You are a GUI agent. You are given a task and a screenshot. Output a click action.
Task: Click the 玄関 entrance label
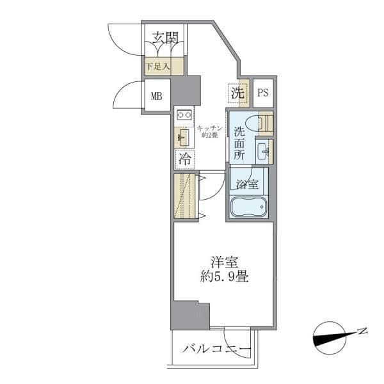coord(164,38)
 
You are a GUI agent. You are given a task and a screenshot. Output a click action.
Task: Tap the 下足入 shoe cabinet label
coord(156,65)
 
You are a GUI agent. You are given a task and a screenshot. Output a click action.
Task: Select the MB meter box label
coord(157,97)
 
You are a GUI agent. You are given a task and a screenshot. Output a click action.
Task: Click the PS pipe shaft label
coord(262,93)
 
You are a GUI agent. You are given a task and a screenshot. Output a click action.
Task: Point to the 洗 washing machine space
coord(237,92)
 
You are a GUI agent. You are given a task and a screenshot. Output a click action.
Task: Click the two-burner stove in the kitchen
coord(185,115)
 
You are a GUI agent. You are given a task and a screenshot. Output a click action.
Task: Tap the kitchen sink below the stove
coord(183,137)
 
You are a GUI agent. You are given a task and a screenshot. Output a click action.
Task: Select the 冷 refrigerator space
coord(184,158)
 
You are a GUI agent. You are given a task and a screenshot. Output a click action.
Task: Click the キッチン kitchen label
coord(209,131)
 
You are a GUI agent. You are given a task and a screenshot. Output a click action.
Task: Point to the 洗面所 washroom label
coord(239,143)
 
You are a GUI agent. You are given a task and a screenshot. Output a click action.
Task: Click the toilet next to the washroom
coord(264,122)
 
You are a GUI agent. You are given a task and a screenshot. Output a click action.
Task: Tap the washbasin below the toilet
coord(263,151)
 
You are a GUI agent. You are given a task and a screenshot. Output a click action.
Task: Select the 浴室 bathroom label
coord(247,186)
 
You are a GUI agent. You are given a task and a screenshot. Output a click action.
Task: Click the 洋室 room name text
coord(223,262)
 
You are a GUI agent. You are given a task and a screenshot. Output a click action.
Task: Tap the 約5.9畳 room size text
coord(223,278)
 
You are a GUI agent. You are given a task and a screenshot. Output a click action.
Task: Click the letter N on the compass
coord(362,331)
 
